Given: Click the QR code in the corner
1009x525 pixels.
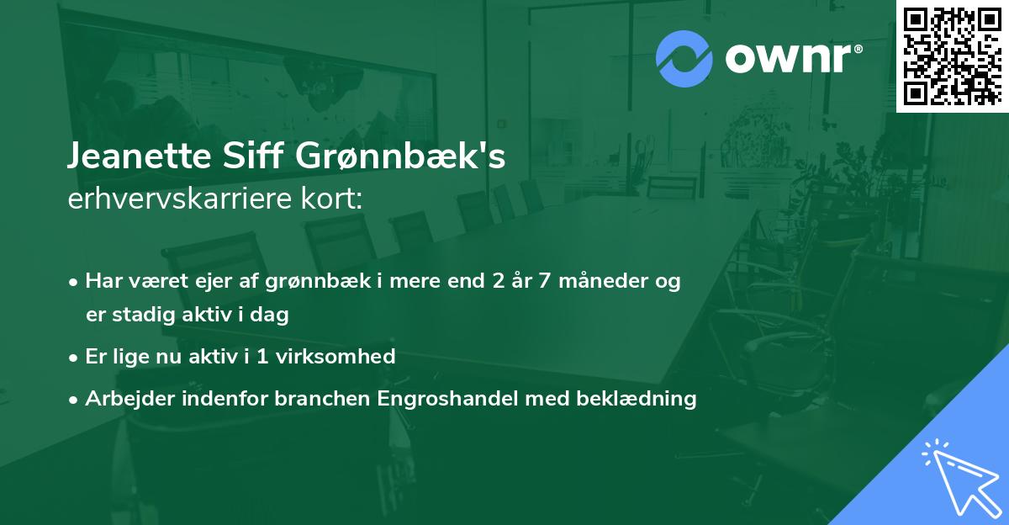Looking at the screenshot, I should point(952,56).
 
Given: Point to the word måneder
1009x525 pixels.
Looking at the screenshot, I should point(600,282).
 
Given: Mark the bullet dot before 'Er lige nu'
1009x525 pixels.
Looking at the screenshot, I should point(75,357).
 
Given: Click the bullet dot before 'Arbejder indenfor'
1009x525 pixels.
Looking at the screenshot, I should point(75,399).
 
